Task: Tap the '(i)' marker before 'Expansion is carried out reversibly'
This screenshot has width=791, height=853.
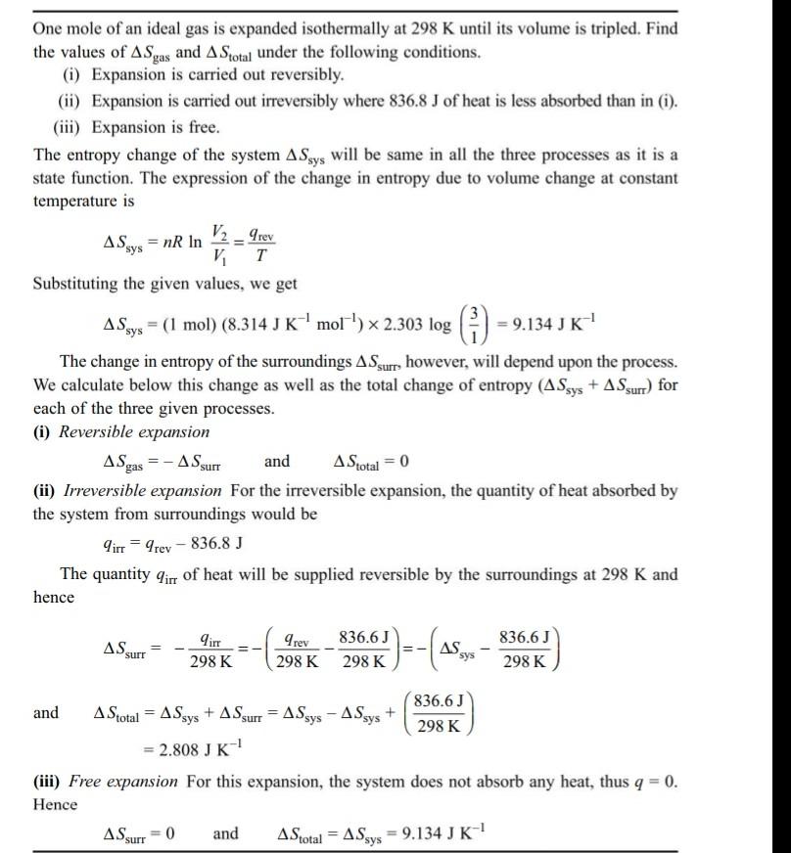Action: [x=72, y=74]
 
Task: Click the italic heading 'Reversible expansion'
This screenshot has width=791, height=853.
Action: [x=135, y=431]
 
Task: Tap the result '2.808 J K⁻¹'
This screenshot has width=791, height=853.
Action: [x=193, y=749]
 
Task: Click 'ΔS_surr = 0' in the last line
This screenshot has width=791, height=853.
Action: [x=139, y=834]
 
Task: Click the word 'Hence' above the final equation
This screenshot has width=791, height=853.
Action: [x=55, y=804]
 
